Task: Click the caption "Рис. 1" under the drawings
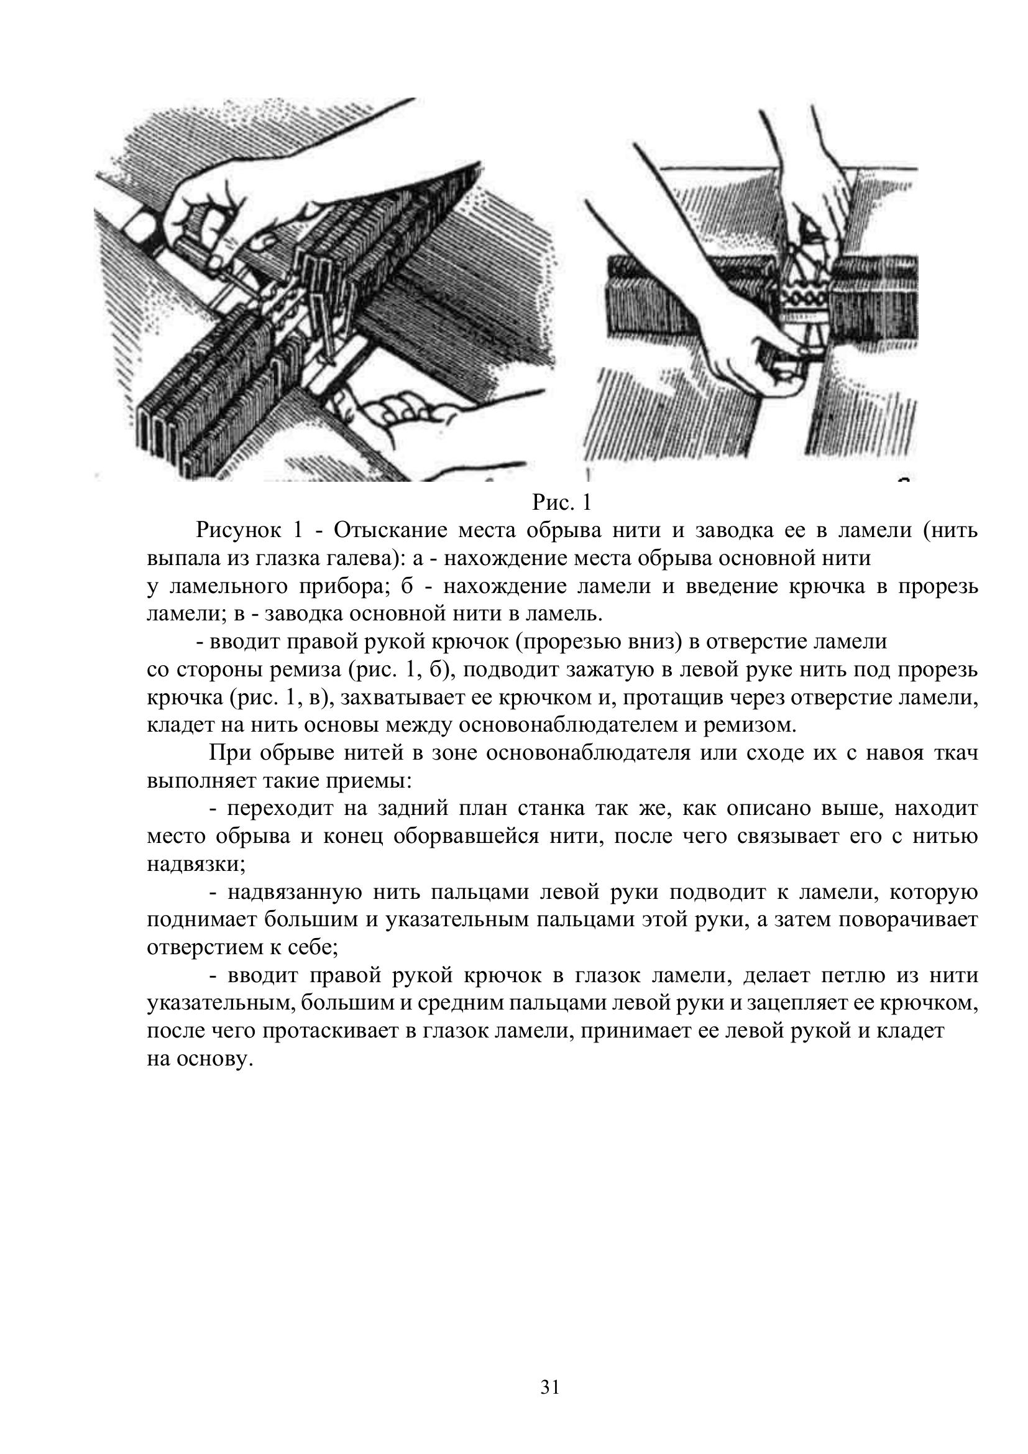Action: pyautogui.click(x=561, y=503)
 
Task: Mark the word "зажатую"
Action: pyautogui.click(x=620, y=669)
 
